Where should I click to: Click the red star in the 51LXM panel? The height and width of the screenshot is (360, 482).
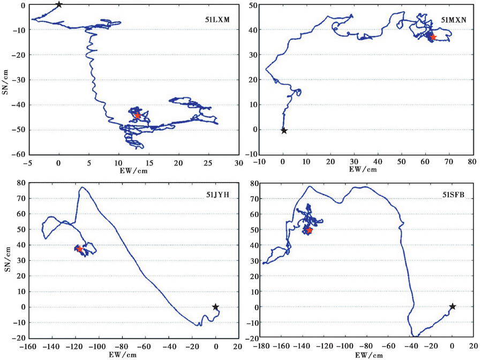pyautogui.click(x=138, y=115)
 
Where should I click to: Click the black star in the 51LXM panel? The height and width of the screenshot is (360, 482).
pyautogui.click(x=59, y=5)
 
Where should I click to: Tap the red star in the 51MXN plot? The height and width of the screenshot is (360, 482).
pyautogui.click(x=433, y=37)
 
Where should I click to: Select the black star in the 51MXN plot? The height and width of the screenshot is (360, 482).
pyautogui.click(x=284, y=131)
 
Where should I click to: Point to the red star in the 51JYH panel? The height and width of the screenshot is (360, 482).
pyautogui.click(x=79, y=249)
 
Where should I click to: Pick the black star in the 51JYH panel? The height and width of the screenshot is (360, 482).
pyautogui.click(x=215, y=307)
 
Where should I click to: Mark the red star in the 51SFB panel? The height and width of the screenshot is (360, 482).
pyautogui.click(x=308, y=230)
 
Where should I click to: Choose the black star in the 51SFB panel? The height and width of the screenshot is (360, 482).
pyautogui.click(x=453, y=306)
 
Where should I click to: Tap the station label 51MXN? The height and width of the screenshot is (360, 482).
pyautogui.click(x=454, y=20)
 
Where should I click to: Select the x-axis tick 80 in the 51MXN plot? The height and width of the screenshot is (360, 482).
pyautogui.click(x=472, y=161)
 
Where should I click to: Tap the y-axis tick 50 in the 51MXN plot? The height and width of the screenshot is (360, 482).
pyautogui.click(x=252, y=5)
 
